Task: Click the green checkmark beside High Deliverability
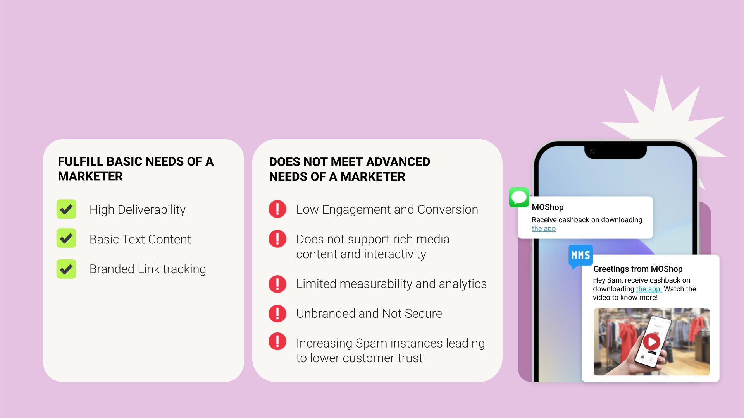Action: (66, 209)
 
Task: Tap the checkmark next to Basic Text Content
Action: (66, 238)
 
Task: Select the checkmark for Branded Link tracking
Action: (66, 269)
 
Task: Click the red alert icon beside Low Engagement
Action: (277, 209)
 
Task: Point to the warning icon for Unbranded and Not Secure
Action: (277, 313)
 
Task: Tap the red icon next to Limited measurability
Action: (277, 284)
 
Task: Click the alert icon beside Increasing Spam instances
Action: (277, 341)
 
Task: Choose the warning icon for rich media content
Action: (277, 239)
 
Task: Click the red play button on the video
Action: (652, 342)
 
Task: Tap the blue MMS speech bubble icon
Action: (580, 256)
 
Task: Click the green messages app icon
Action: (519, 197)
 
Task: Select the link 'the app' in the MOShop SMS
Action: (544, 229)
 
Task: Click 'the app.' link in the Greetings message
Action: (649, 289)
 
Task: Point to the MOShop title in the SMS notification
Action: (548, 207)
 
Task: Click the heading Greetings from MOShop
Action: (638, 269)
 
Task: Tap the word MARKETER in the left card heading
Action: (90, 176)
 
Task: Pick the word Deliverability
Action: (152, 210)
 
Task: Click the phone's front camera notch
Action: (615, 151)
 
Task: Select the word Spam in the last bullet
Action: (372, 344)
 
